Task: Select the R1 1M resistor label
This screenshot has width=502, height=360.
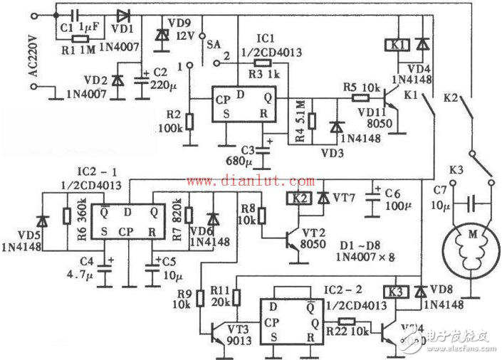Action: point(74,51)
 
